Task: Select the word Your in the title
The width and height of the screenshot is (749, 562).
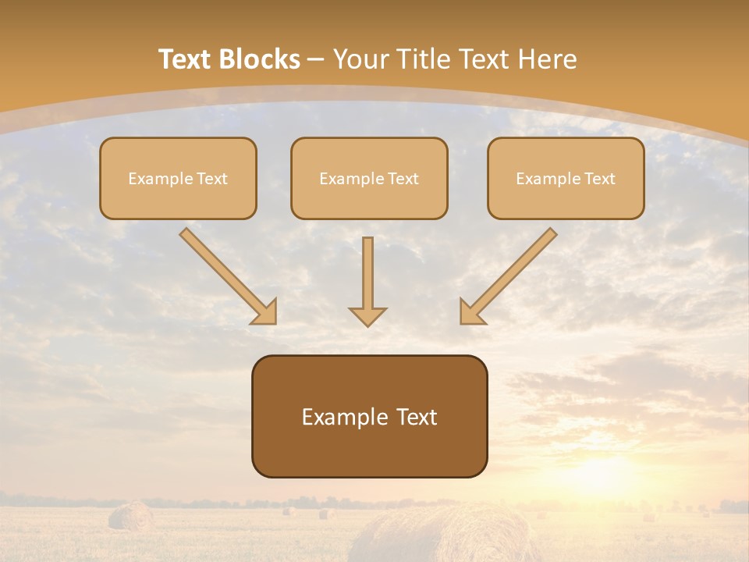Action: (358, 59)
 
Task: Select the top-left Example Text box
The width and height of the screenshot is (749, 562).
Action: (178, 178)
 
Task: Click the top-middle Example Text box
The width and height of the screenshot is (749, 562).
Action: (369, 178)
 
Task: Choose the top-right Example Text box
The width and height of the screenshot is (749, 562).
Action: (566, 178)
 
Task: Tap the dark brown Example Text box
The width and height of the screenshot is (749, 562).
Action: (369, 416)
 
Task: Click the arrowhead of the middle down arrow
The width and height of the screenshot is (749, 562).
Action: (367, 315)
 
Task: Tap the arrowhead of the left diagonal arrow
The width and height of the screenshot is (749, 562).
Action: (265, 312)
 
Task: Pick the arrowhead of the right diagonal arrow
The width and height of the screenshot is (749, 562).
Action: (471, 312)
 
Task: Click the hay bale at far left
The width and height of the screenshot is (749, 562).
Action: (130, 516)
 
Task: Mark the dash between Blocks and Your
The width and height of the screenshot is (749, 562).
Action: (316, 60)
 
